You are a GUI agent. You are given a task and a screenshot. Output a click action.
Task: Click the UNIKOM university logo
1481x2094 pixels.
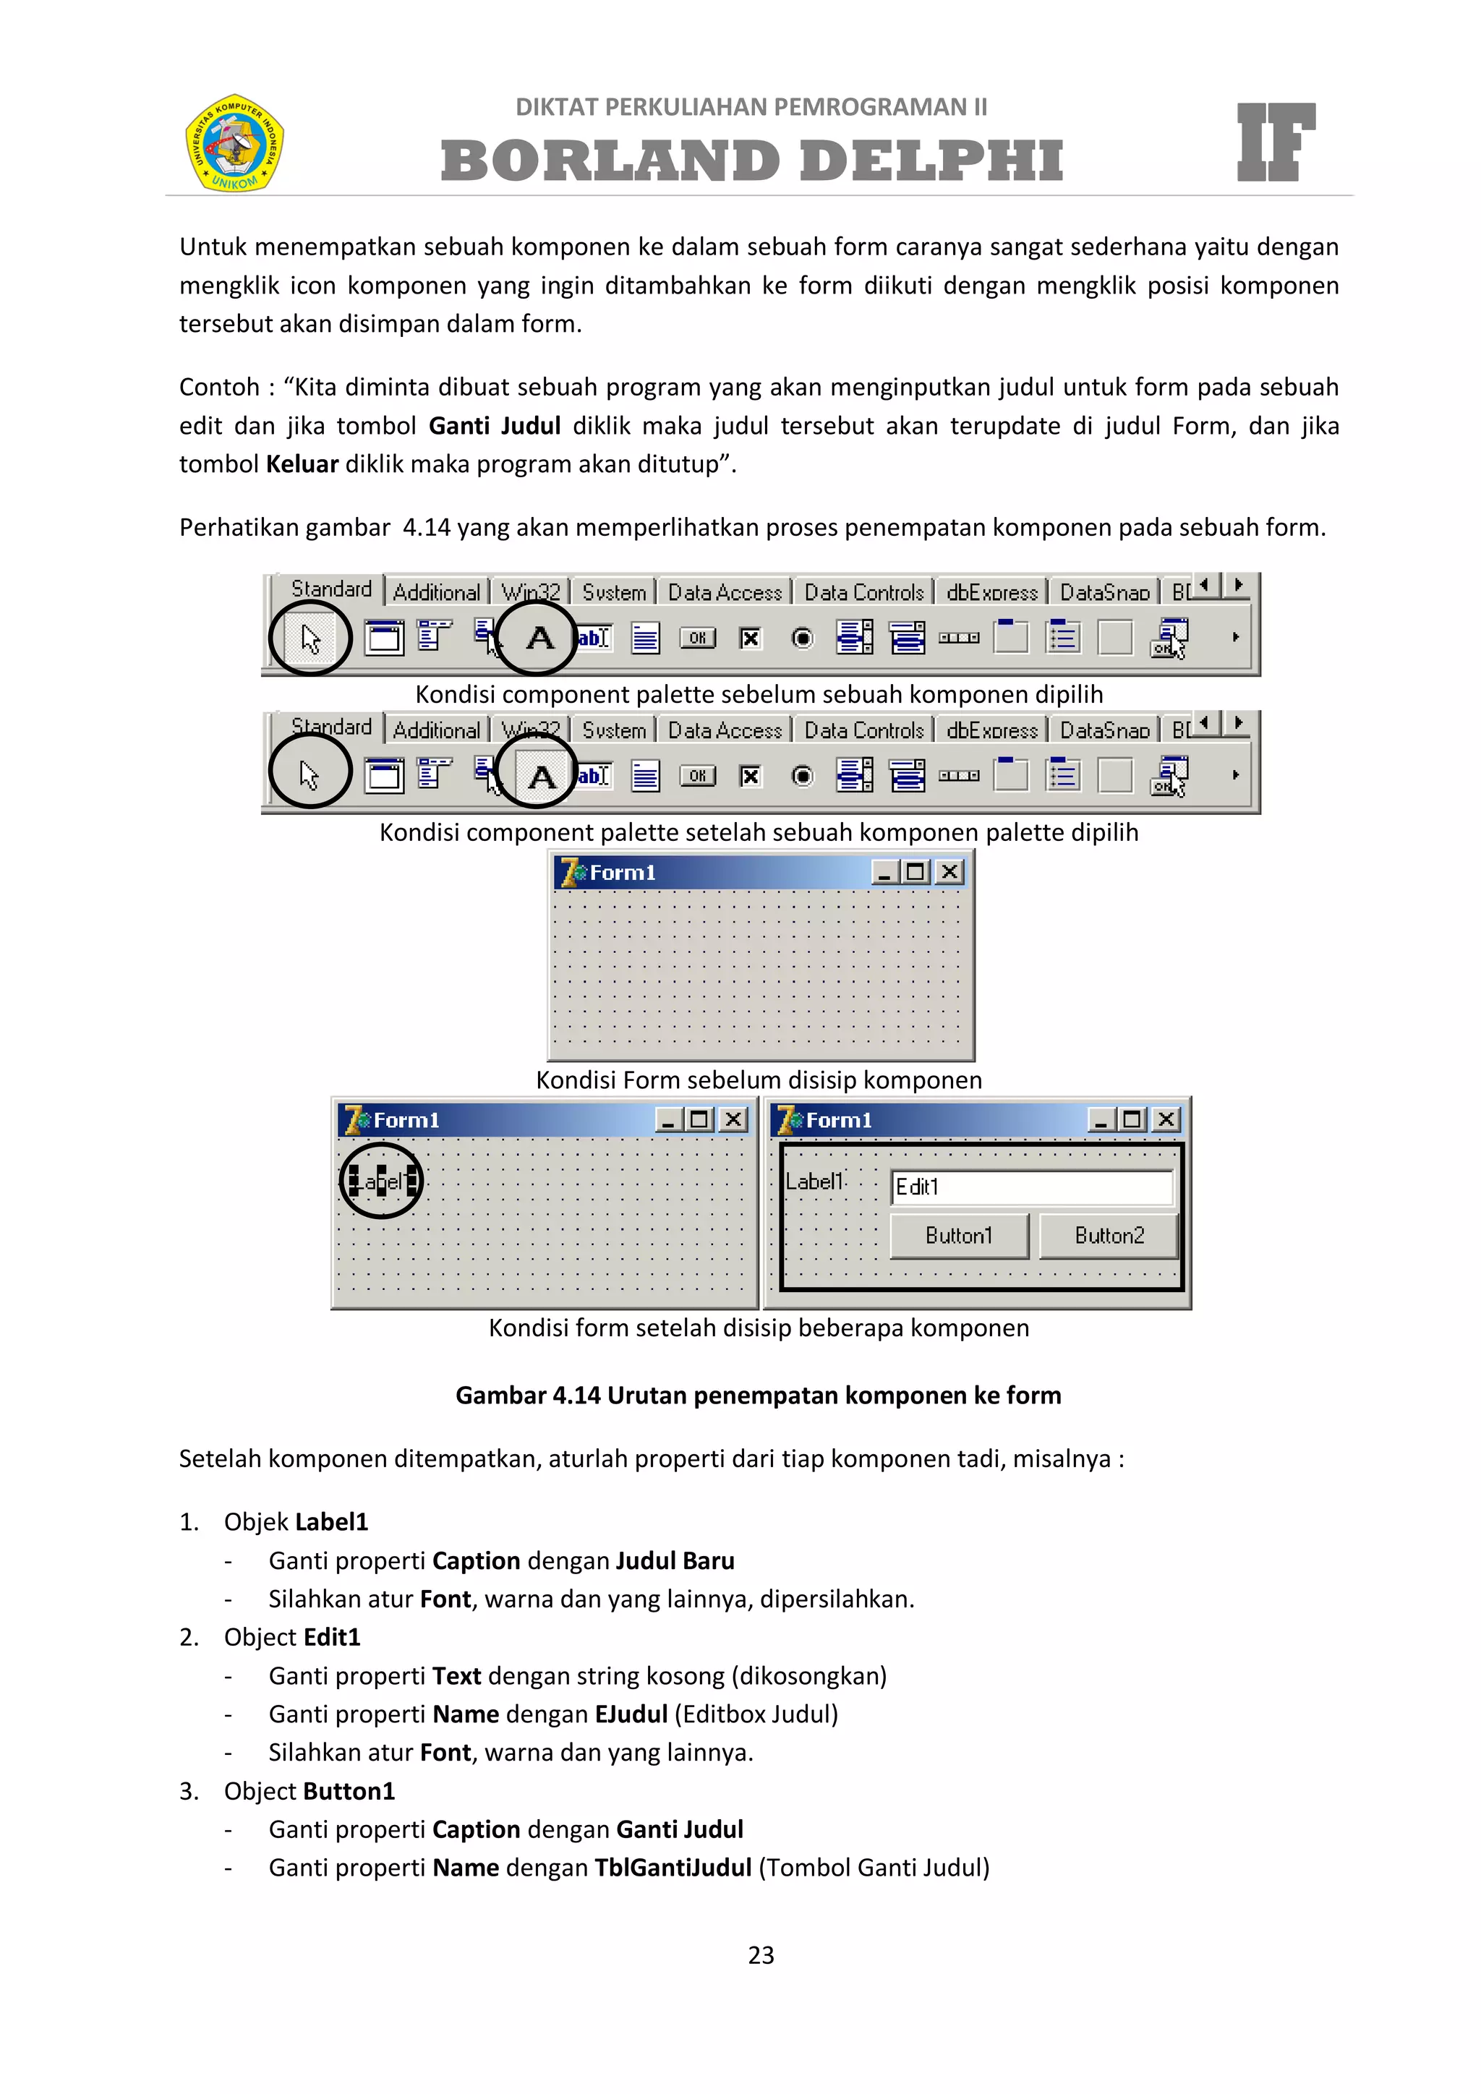click(234, 142)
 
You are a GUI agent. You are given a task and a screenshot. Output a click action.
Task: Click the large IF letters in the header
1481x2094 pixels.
click(1275, 142)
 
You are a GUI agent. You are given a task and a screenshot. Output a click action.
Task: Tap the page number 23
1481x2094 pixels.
click(761, 1954)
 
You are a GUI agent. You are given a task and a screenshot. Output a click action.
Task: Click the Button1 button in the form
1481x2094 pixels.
click(958, 1236)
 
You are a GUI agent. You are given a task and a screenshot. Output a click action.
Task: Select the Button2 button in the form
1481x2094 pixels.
click(1109, 1236)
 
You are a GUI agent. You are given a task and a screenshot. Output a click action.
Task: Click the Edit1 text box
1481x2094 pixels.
click(1031, 1187)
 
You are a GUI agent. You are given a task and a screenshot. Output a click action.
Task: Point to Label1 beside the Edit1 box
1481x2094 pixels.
click(814, 1182)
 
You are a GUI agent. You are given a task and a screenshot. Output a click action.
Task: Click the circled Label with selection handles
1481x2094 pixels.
click(382, 1182)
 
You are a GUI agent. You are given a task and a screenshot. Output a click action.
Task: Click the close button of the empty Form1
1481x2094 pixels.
click(949, 872)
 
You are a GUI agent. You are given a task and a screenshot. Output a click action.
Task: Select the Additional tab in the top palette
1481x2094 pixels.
click(436, 593)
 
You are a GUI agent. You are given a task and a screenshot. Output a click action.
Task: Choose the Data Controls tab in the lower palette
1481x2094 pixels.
click(863, 730)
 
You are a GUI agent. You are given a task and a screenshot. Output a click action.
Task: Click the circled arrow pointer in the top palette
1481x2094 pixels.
click(310, 638)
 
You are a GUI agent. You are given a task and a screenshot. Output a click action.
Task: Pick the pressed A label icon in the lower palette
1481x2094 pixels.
click(541, 776)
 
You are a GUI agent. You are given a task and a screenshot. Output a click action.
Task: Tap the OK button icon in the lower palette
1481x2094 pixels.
click(698, 776)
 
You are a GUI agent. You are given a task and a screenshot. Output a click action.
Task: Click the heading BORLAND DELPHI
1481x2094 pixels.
click(751, 161)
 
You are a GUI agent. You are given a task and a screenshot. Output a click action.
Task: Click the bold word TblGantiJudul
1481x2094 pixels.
click(673, 1867)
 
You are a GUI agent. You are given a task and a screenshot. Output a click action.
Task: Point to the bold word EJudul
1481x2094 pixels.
click(631, 1714)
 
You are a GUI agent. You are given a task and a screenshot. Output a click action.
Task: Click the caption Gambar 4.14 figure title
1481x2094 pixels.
click(758, 1395)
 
